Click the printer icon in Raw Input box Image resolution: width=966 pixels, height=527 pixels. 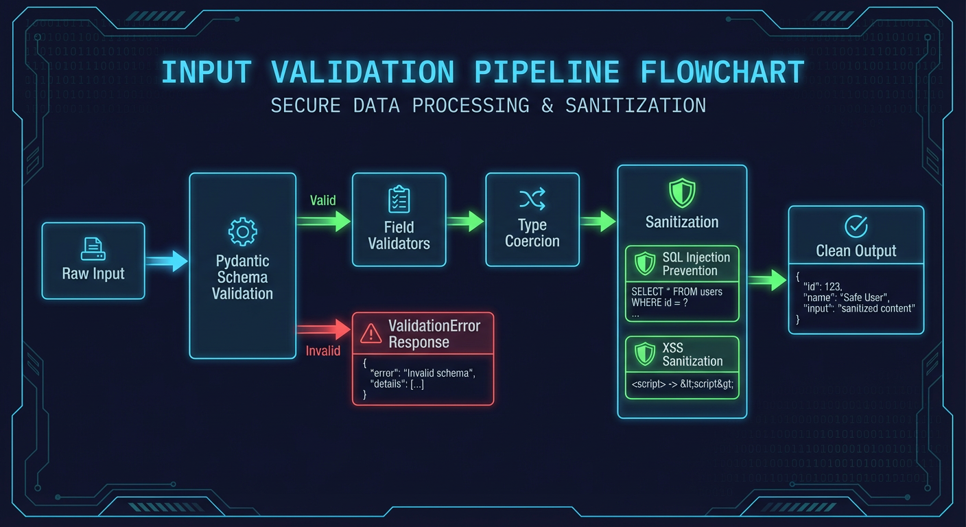click(93, 248)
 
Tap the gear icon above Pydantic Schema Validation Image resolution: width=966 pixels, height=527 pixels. click(242, 232)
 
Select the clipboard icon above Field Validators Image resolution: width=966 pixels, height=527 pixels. click(399, 199)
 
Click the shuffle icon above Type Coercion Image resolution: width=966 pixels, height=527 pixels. click(532, 199)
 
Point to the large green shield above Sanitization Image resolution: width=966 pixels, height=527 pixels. click(682, 193)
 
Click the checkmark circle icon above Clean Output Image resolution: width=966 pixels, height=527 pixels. click(856, 226)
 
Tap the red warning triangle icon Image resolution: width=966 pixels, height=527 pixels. click(370, 333)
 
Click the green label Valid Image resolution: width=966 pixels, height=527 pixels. click(322, 200)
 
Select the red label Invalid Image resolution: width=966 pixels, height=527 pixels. click(322, 351)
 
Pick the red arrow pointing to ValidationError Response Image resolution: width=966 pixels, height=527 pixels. click(324, 329)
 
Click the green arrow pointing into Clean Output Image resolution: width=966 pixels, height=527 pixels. click(767, 279)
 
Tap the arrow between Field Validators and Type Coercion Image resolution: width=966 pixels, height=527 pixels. click(466, 221)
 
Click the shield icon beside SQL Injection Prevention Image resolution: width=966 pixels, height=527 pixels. click(645, 263)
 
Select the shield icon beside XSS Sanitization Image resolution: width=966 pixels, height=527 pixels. click(645, 354)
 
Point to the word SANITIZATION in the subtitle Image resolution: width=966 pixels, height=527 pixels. click(635, 106)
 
